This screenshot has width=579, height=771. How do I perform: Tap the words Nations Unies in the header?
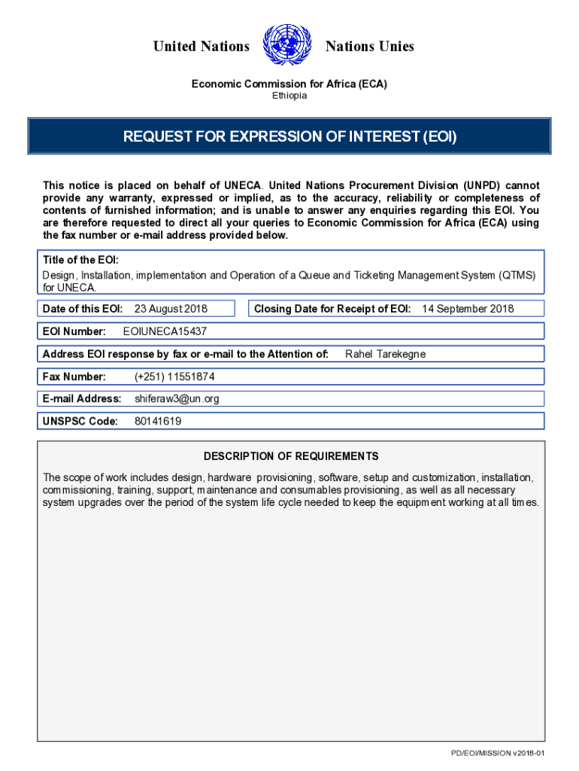369,47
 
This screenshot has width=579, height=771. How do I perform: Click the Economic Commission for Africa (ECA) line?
289,84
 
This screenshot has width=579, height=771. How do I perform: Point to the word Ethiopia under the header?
289,96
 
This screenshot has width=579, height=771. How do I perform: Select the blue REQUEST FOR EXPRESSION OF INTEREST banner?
289,137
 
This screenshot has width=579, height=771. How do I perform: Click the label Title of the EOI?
80,260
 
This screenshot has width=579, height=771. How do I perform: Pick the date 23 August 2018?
171,309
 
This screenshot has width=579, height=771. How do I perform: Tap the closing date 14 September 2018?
468,309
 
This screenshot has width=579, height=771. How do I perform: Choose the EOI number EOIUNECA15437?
165,331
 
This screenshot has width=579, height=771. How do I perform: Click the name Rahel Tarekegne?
385,354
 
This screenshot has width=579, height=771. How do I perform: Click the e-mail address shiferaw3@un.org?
177,399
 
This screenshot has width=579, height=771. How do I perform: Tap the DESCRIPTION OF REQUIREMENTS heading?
291,456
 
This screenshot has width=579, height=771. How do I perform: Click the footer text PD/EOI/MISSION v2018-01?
497,754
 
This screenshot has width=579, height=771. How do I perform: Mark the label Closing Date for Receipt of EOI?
332,309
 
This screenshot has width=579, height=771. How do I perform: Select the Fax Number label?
74,376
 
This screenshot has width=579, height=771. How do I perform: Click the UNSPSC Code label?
80,422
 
